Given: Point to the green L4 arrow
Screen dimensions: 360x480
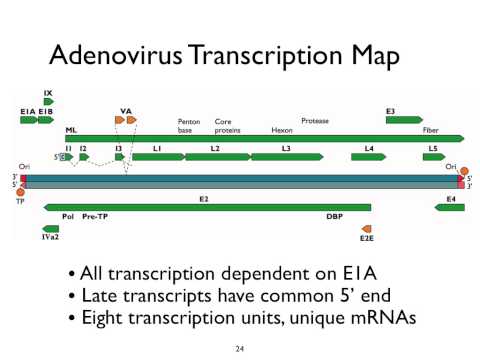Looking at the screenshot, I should coord(369,157).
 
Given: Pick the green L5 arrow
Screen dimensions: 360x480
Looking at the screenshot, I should coord(433,157).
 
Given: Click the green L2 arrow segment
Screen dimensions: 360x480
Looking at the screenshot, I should coord(215,157).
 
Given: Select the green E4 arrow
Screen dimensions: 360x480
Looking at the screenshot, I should coord(450,207).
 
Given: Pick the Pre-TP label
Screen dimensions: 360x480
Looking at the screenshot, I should coord(95,216).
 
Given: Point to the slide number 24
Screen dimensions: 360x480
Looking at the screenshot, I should coord(239,348).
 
